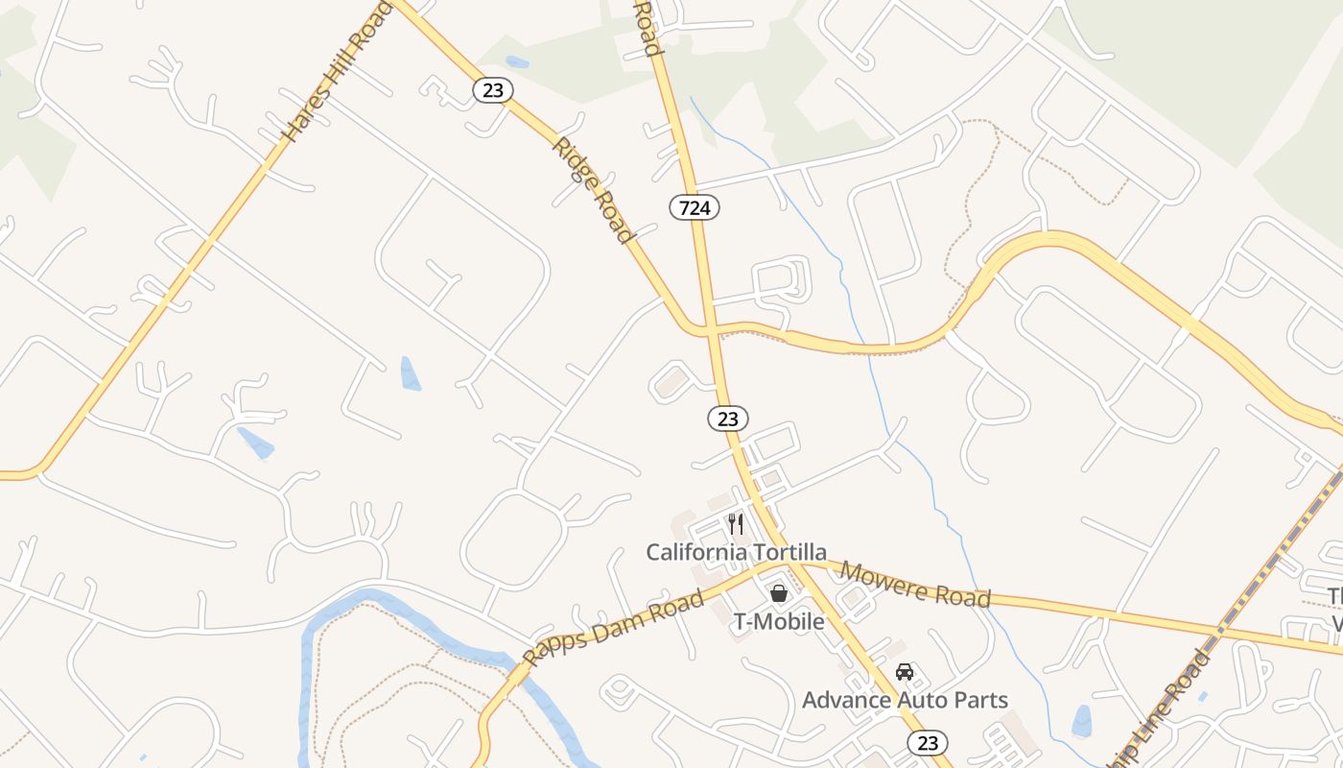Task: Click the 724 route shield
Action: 695,206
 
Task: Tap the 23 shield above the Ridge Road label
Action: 493,90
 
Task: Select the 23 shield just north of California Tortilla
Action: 728,419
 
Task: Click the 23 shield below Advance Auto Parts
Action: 928,742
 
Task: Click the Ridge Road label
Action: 593,189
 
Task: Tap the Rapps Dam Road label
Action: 614,628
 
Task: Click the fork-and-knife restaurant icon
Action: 736,524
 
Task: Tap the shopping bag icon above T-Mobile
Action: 779,593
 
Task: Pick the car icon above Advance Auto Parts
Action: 904,671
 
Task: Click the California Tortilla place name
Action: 736,552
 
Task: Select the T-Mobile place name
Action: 779,621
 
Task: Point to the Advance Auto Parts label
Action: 905,700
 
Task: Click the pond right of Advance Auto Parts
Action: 1082,719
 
